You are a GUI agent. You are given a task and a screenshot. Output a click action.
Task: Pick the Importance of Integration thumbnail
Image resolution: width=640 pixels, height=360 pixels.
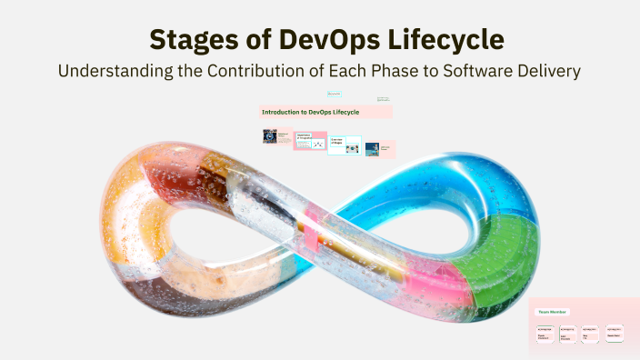[309, 142]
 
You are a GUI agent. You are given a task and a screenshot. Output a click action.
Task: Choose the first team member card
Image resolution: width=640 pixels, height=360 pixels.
[545, 334]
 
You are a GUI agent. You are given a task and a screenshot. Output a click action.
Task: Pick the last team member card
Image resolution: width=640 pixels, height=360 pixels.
[615, 334]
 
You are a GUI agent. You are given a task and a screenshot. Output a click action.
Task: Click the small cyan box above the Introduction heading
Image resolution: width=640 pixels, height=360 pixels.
[334, 94]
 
